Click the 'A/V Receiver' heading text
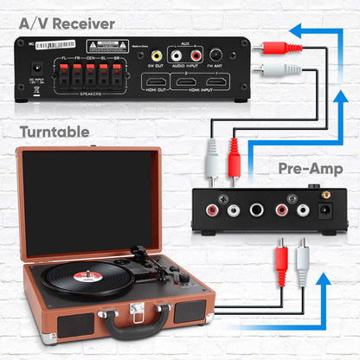pyautogui.click(x=60, y=22)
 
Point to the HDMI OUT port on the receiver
pyautogui.click(x=156, y=84)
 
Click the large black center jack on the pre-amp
pyautogui.click(x=257, y=209)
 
